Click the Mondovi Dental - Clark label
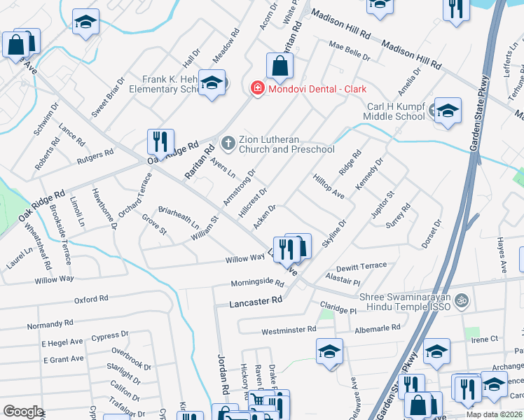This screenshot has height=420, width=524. click(316, 89)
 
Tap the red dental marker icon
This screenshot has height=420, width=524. click(257, 89)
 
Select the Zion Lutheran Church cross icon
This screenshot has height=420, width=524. click(227, 143)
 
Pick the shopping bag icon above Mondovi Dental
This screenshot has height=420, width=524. click(280, 66)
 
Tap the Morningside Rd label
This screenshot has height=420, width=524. click(258, 284)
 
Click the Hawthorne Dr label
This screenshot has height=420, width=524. click(104, 209)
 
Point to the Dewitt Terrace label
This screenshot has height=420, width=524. click(361, 267)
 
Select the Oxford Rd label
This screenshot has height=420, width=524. click(91, 299)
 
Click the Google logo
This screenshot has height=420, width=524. click(23, 412)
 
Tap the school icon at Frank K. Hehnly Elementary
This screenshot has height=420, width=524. click(211, 83)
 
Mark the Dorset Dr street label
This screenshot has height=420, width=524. click(429, 233)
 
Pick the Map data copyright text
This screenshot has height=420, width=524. click(495, 414)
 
